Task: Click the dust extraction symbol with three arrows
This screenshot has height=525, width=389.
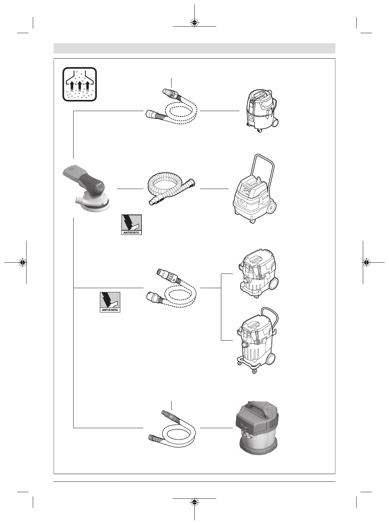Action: [x=79, y=84]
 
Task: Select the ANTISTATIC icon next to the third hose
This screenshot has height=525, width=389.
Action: [x=110, y=302]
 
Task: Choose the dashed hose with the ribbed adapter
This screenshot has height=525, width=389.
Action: [x=172, y=289]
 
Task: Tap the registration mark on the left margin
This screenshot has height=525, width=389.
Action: [x=23, y=262]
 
